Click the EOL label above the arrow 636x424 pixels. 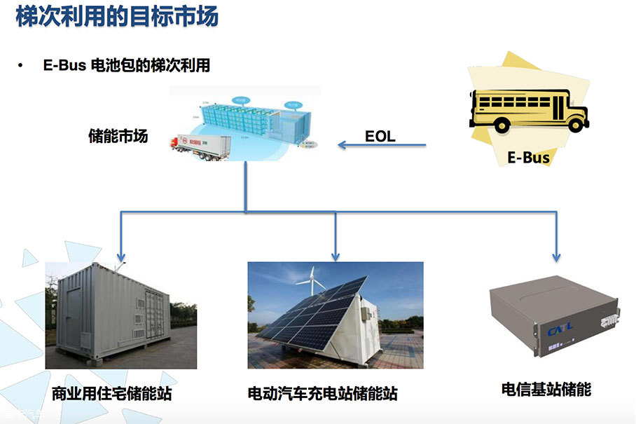pyautogui.click(x=380, y=136)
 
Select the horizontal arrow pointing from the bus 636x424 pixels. pyautogui.click(x=382, y=146)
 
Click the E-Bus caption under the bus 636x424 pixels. pyautogui.click(x=528, y=158)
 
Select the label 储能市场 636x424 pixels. pyautogui.click(x=118, y=136)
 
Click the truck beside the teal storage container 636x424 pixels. pyautogui.click(x=199, y=146)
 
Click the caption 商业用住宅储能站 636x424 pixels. pyautogui.click(x=111, y=394)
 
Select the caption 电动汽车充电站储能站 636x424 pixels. pyautogui.click(x=326, y=394)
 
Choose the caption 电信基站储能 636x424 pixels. pyautogui.click(x=546, y=390)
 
